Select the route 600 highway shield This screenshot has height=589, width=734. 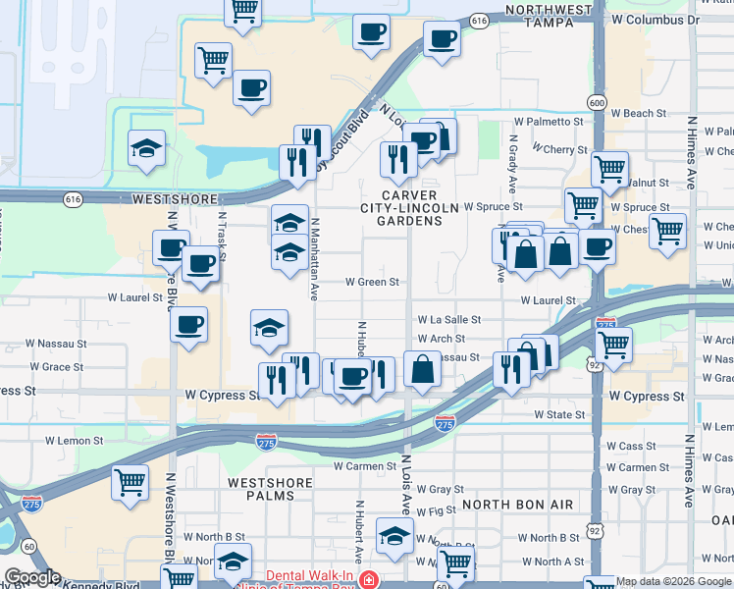click(597, 102)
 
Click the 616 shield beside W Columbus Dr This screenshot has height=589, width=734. click(479, 20)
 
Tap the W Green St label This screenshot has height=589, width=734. click(372, 282)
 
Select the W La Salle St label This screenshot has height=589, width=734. click(448, 319)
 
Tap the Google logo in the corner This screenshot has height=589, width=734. click(32, 577)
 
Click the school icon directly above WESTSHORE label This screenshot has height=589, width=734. click(146, 148)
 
